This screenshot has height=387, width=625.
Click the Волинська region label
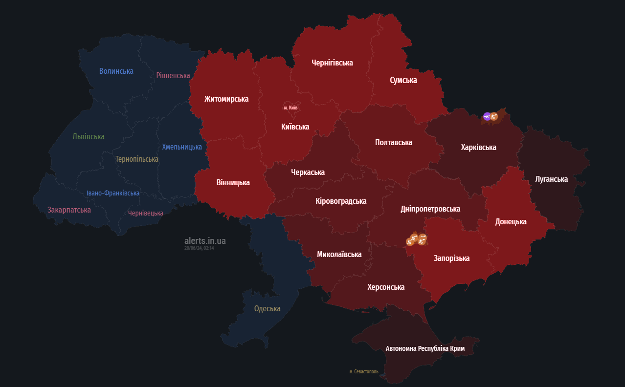(116, 71)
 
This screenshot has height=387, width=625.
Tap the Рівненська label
(173, 75)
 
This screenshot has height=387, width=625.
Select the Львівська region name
(89, 137)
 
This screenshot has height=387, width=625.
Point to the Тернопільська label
(136, 159)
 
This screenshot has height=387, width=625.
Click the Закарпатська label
(69, 210)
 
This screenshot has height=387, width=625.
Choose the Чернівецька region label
(145, 213)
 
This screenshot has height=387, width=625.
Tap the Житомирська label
(226, 99)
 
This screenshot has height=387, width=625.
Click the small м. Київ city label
(290, 107)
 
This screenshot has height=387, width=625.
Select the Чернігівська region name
(332, 63)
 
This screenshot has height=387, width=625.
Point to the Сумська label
(403, 80)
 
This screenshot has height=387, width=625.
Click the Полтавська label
(393, 143)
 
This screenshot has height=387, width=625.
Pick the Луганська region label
(551, 179)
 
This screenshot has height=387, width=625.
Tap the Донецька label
(511, 222)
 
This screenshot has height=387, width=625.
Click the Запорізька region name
(451, 258)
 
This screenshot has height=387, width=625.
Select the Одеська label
(267, 309)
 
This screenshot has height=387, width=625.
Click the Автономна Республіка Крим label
(425, 349)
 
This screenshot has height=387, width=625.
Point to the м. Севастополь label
(363, 372)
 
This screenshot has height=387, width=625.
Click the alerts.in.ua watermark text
(205, 241)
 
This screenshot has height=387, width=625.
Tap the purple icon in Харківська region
(487, 116)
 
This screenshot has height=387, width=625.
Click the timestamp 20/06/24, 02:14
(199, 248)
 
